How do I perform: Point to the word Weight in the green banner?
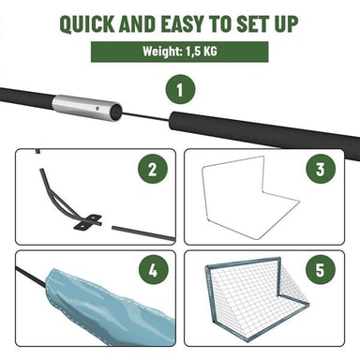point(162,52)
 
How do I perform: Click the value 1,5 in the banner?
point(193,52)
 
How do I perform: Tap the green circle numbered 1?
point(180,90)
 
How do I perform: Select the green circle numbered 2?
point(153,170)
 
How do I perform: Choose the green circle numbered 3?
point(321,169)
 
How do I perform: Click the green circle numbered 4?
point(153,270)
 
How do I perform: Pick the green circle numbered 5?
point(321,269)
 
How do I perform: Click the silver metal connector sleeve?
point(86,108)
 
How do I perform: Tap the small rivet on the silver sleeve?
point(98,109)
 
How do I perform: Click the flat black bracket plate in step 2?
point(88,222)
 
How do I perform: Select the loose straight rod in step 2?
point(143,233)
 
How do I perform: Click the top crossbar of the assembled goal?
point(243,262)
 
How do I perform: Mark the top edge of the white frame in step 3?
point(232,162)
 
